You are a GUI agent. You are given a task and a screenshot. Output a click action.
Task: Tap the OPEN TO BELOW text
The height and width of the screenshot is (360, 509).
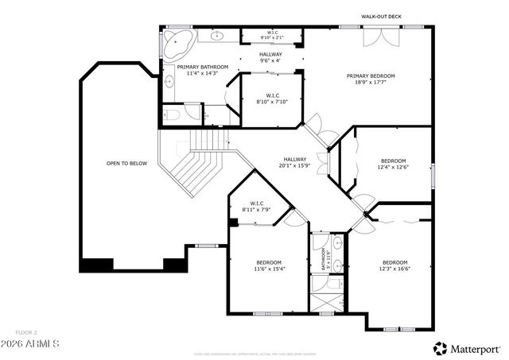(127, 163)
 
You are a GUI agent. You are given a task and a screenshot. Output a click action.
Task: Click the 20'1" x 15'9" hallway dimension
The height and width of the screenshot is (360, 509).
(294, 166)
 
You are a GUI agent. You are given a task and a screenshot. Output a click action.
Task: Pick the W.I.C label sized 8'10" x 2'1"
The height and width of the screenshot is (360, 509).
(270, 35)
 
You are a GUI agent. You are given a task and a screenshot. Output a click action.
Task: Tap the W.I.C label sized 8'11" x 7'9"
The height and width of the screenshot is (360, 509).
(257, 205)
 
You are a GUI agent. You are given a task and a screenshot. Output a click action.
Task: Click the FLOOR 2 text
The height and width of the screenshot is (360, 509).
(26, 331)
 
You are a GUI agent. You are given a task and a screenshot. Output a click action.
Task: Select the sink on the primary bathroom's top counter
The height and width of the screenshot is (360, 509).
(216, 36)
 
